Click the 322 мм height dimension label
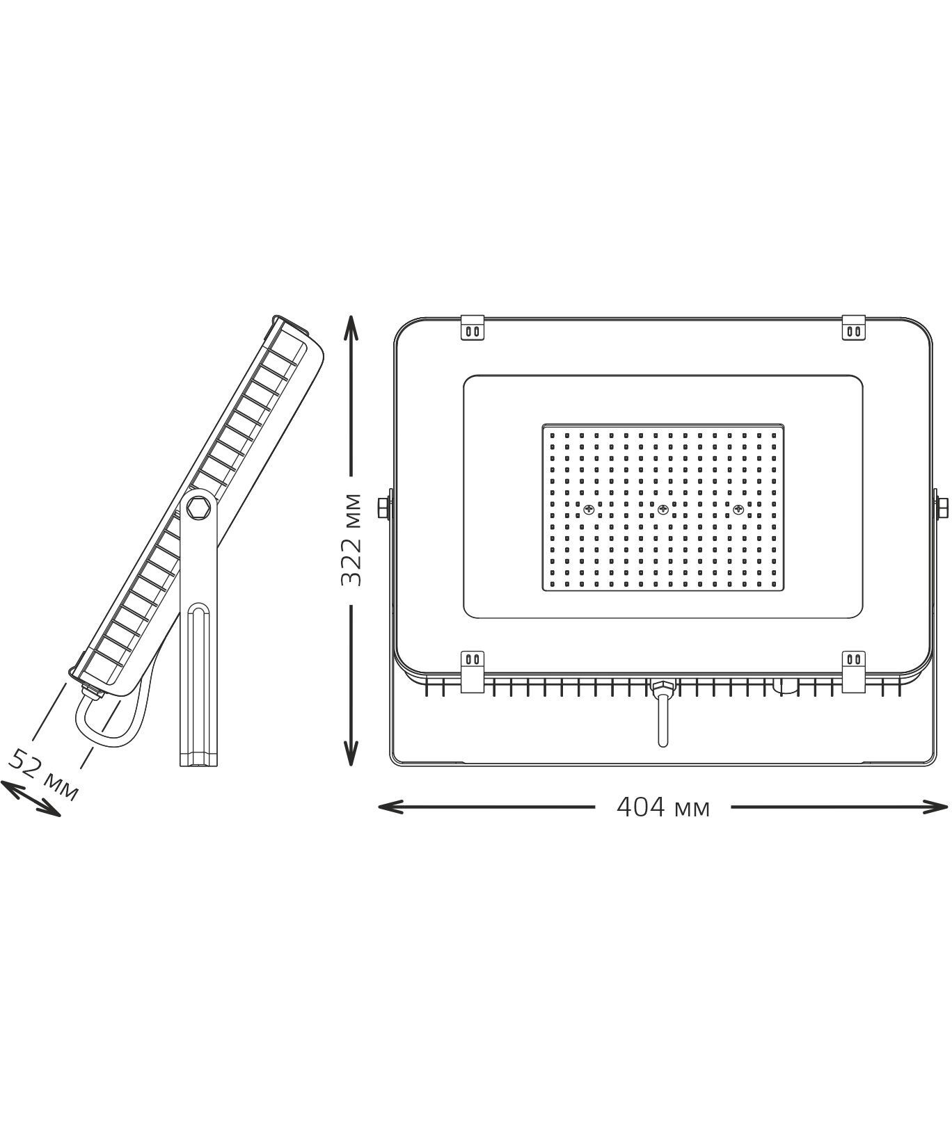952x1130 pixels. coord(352,540)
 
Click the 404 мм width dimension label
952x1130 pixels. coord(663,807)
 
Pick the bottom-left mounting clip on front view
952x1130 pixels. coord(473,672)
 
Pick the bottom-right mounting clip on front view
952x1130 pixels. coord(854,672)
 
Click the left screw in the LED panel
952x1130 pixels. coord(589,510)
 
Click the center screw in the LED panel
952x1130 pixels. coord(663,510)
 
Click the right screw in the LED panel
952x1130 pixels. coord(737,510)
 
